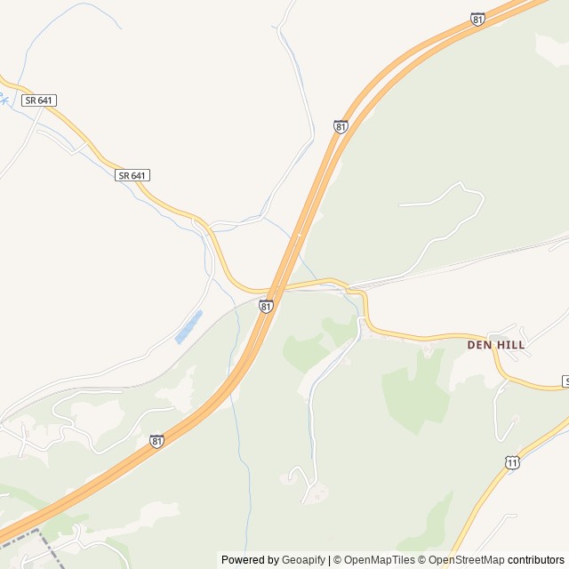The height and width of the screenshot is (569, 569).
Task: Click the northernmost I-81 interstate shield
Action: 478,19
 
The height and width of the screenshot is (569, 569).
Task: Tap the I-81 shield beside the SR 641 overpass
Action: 266,306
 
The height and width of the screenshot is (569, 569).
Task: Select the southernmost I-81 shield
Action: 156,441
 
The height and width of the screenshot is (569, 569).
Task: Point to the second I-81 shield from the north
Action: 341,126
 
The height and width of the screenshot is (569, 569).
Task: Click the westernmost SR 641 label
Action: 40,100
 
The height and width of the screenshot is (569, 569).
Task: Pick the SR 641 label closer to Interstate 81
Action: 132,176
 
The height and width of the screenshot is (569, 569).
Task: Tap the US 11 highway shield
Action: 511,462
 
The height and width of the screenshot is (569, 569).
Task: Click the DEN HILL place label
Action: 496,344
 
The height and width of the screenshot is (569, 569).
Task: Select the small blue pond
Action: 188,326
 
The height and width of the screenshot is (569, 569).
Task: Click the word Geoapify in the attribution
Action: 303,560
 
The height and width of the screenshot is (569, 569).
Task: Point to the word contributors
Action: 536,560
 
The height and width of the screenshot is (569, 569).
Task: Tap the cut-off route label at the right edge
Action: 565,381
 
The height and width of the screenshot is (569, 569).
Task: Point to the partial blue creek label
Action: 4,99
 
